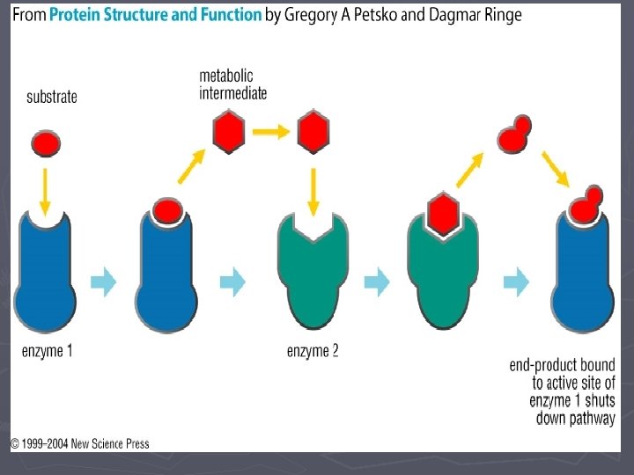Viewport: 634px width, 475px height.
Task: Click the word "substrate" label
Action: pos(52,97)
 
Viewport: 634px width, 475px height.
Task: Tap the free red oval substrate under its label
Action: pos(46,143)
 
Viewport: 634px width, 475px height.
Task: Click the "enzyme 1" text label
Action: pos(48,351)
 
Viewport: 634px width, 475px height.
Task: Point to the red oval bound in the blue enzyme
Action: pos(168,211)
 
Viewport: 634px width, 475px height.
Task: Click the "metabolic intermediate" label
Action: pos(232,84)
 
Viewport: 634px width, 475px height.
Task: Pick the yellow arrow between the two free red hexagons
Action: pos(271,132)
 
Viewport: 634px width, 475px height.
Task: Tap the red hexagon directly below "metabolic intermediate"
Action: pos(229,132)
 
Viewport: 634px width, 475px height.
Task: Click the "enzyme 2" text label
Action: pos(313,351)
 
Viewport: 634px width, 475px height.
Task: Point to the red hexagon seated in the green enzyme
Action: pos(443,214)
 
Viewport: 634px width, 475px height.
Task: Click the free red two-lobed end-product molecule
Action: pos(514,134)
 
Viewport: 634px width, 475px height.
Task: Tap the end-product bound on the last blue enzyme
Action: pos(586,204)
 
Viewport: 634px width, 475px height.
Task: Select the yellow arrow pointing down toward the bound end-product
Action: pos(556,169)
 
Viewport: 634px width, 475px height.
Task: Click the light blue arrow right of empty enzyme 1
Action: pos(104,282)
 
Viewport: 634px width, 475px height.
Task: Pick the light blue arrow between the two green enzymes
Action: pos(377,282)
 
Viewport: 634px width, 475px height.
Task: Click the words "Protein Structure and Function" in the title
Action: pos(156,15)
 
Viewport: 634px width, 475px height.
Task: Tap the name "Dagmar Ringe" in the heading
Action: pos(475,15)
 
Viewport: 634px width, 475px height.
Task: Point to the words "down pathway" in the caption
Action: pos(576,418)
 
